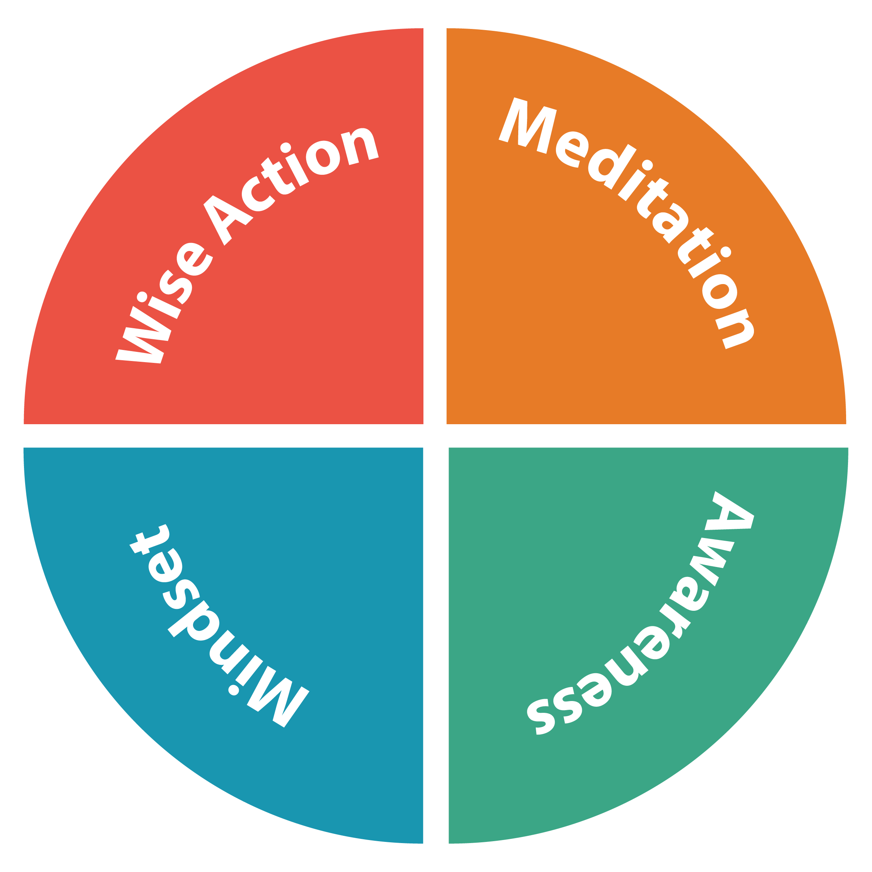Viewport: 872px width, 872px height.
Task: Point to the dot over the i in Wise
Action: (142, 297)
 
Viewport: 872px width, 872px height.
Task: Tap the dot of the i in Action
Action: (286, 147)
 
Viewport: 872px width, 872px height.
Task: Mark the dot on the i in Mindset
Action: (233, 691)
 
